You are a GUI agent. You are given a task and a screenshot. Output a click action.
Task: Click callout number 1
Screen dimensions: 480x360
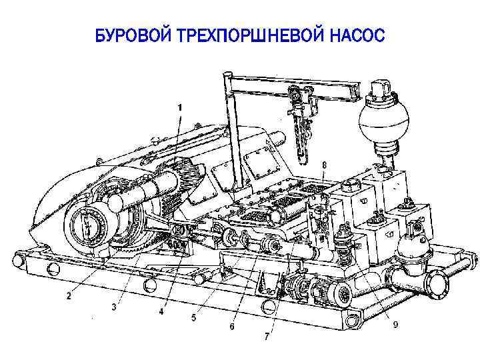[180, 108]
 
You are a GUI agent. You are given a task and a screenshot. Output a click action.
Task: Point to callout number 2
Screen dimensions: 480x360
[69, 296]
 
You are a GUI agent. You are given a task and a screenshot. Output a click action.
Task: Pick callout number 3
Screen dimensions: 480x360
[114, 307]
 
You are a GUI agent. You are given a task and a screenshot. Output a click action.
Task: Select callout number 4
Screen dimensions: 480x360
[161, 311]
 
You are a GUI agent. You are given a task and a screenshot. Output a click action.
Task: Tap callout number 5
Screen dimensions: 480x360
[193, 318]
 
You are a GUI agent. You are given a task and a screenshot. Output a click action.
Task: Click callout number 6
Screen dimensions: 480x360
[232, 327]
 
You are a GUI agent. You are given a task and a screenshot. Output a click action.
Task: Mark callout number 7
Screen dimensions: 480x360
[267, 337]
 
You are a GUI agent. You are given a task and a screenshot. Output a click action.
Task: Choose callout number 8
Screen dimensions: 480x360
[324, 165]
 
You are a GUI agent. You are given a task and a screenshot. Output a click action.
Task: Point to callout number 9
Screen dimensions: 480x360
[395, 324]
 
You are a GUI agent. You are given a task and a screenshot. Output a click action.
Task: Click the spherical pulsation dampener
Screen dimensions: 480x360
[379, 121]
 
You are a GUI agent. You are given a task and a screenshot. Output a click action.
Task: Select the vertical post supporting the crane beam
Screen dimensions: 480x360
[233, 131]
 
